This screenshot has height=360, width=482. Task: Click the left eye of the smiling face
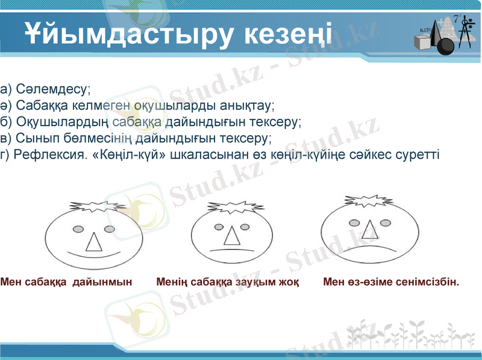[78, 229]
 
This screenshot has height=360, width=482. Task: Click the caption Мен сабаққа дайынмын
[66, 281]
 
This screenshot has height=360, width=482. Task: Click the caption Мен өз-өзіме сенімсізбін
[391, 281]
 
